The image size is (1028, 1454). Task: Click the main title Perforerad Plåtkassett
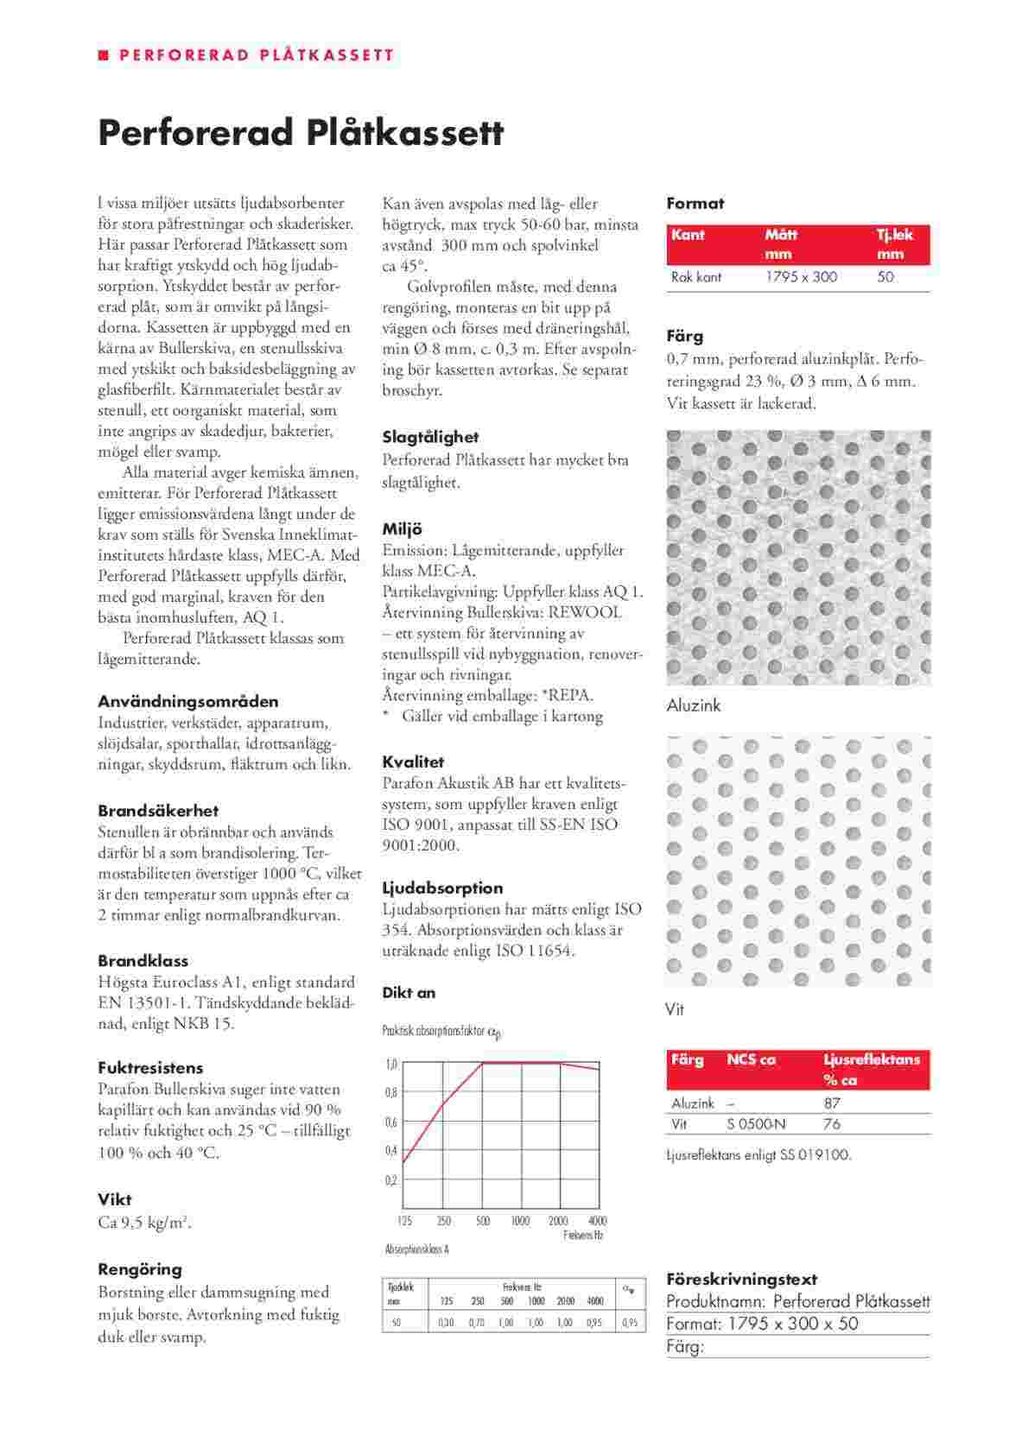[300, 134]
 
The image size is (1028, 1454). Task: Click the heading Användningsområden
[187, 701]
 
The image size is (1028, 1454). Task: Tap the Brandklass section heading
[143, 960]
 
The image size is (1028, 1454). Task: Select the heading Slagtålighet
[430, 437]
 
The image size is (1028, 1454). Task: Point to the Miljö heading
[402, 528]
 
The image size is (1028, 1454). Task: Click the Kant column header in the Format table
[688, 235]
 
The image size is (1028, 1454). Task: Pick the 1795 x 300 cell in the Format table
[801, 277]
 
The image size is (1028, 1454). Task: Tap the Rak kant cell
[695, 277]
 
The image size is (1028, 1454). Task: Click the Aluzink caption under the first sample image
[693, 705]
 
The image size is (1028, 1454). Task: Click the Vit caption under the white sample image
[675, 1008]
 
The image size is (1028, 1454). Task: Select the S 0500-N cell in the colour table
[758, 1124]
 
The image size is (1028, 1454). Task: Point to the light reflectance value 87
[832, 1103]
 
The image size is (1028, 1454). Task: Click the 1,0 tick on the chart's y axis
[390, 1064]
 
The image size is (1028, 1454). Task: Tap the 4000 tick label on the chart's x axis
[597, 1221]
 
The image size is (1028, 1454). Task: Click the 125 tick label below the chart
[404, 1221]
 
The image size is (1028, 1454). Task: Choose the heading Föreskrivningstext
[741, 1279]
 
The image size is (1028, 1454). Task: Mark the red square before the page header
[104, 55]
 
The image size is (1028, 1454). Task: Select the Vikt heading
[115, 1198]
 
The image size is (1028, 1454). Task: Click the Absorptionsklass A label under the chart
[416, 1249]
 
